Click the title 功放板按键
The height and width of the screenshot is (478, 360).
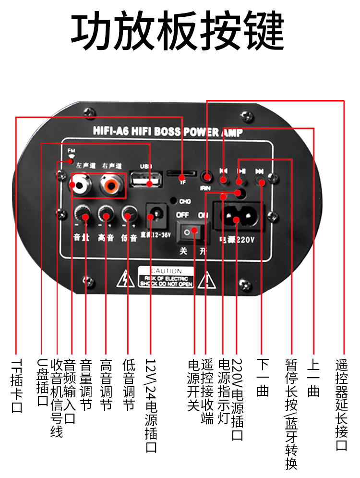(178, 32)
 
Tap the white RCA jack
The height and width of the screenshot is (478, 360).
(78, 184)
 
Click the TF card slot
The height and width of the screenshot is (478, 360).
(181, 173)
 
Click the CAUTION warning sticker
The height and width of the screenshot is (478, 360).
(166, 277)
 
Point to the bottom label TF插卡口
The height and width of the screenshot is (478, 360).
(17, 385)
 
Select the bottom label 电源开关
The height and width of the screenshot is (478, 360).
(193, 385)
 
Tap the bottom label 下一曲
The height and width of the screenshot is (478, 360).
(262, 377)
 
